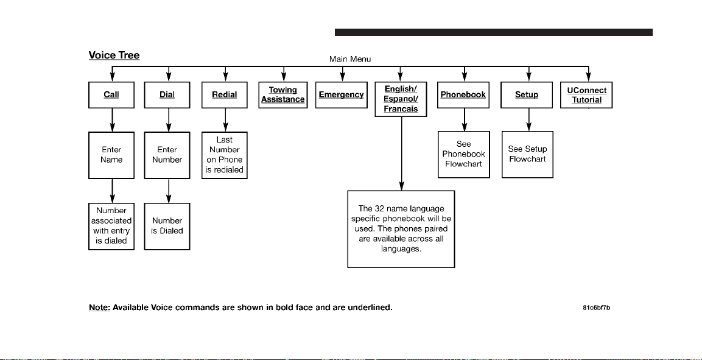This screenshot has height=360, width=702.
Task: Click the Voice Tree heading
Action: (114, 55)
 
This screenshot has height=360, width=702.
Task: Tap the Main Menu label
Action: (350, 59)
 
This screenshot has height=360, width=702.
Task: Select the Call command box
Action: (111, 95)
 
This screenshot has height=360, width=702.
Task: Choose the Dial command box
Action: (167, 95)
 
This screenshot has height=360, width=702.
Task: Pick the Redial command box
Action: (224, 95)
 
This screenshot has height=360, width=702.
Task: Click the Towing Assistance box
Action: (283, 95)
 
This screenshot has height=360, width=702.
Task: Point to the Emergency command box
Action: (341, 95)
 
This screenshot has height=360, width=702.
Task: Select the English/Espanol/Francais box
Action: (401, 99)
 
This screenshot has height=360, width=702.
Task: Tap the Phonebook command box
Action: (463, 95)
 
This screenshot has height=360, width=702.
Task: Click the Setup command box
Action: (527, 95)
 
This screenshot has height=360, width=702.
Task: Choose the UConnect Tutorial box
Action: (586, 95)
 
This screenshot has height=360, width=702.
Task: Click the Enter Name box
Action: (111, 155)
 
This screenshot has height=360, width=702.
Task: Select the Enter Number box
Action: (167, 155)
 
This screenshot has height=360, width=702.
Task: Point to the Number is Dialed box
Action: (167, 226)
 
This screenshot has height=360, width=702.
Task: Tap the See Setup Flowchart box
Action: (527, 155)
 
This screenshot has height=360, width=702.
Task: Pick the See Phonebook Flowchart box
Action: (464, 155)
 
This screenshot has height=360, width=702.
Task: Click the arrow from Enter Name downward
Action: (113, 191)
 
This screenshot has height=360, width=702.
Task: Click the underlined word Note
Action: (99, 308)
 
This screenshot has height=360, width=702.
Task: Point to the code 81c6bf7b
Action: (596, 308)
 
